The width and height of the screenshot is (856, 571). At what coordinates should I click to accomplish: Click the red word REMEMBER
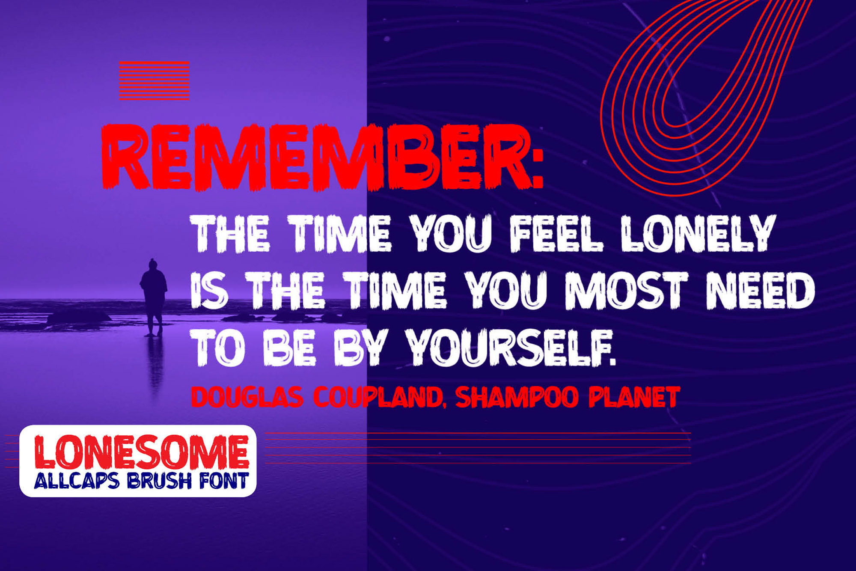click(317, 157)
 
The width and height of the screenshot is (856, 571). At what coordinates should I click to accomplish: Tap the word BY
click(361, 348)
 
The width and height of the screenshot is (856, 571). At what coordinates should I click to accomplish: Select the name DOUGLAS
click(247, 397)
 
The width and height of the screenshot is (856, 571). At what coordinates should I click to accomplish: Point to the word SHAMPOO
click(517, 397)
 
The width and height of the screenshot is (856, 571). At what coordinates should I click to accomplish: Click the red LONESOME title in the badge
click(142, 452)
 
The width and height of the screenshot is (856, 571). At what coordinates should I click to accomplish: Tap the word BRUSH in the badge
click(159, 481)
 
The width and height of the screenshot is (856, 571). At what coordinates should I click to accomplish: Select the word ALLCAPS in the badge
click(77, 481)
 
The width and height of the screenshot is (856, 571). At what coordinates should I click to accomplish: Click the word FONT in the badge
click(224, 481)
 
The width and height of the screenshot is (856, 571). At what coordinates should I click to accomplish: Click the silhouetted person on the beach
click(153, 297)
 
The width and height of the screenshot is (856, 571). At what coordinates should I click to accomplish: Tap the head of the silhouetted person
click(152, 264)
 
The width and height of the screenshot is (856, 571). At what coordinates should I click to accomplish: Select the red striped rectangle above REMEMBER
click(154, 80)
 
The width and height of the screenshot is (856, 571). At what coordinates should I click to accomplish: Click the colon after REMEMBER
click(538, 167)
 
